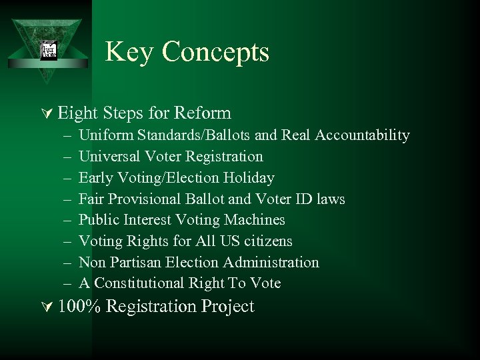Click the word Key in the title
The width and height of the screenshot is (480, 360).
click(x=127, y=52)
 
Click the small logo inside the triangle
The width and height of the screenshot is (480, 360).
click(x=49, y=51)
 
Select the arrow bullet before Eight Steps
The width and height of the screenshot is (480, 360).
click(x=47, y=114)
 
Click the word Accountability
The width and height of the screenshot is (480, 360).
click(x=363, y=135)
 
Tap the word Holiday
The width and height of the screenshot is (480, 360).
click(x=249, y=178)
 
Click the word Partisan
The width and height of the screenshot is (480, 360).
click(x=134, y=263)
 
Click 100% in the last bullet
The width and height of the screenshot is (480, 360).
click(x=78, y=307)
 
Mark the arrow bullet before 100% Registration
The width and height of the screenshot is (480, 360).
click(x=47, y=307)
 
